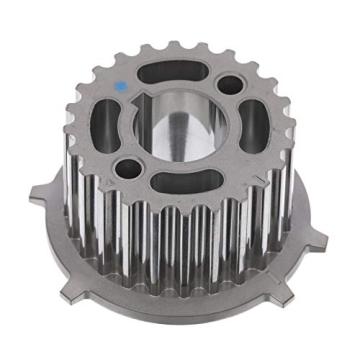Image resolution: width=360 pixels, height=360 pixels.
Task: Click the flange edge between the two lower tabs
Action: [x=180, y=326]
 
